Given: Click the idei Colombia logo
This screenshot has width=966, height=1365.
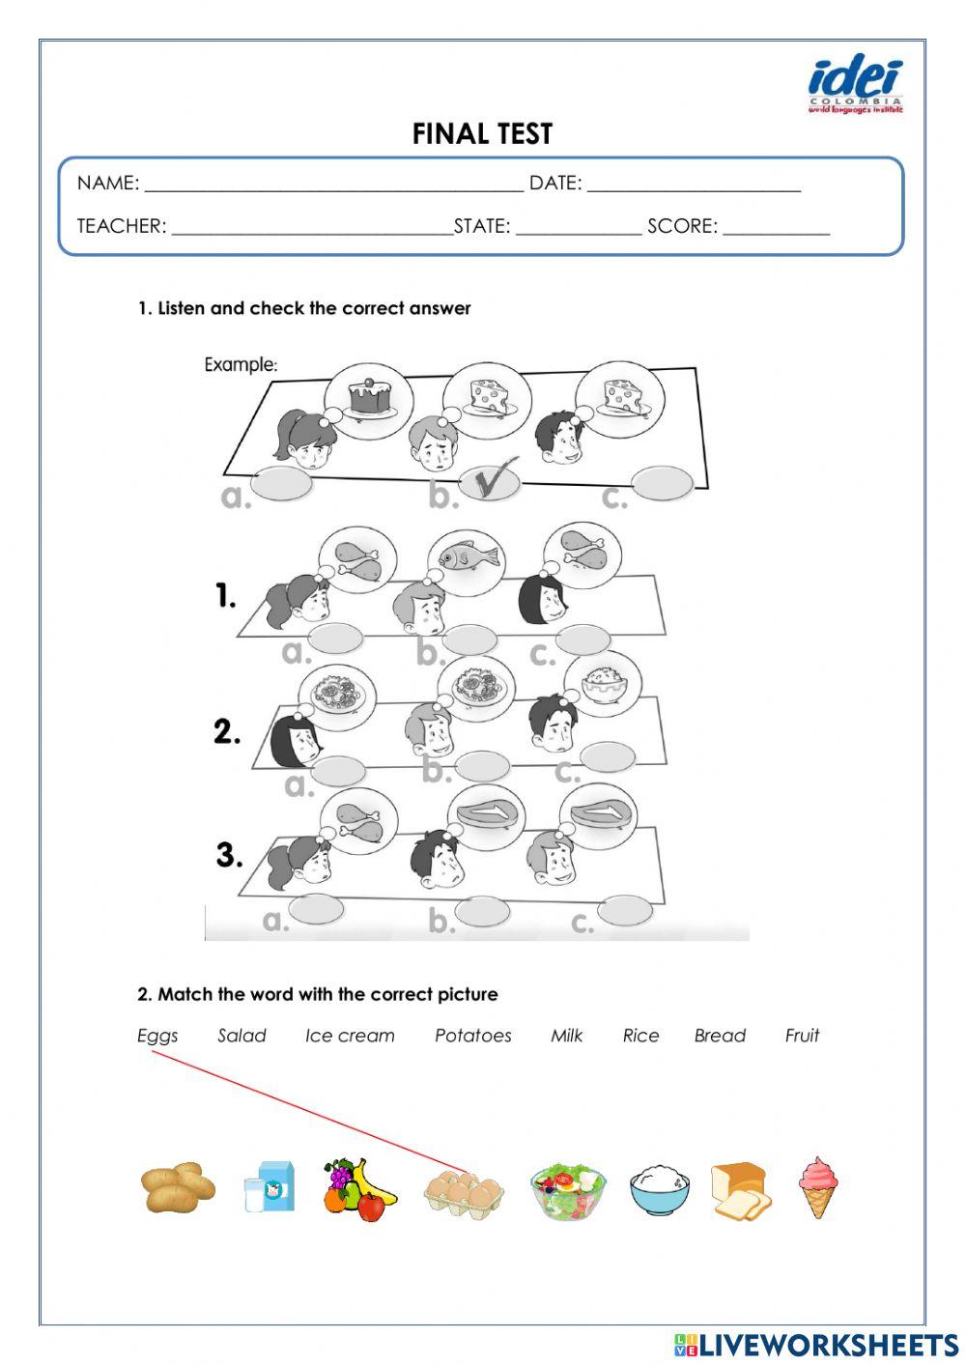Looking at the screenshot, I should click(855, 85).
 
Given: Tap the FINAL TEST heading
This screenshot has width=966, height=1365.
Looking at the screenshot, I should click(482, 134).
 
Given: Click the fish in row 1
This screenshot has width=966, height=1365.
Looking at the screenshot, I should click(469, 557).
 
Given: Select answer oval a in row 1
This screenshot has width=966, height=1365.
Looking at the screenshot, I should click(334, 638).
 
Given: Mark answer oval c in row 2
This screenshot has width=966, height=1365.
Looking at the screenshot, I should click(608, 755).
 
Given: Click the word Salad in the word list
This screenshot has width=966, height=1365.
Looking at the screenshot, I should click(241, 1036).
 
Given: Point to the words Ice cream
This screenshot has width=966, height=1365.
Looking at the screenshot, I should click(350, 1036).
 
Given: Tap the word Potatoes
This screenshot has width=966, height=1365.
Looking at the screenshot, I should click(472, 1036).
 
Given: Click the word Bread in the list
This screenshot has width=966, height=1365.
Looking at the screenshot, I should click(720, 1036).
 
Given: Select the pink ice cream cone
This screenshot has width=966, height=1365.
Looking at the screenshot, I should click(818, 1185).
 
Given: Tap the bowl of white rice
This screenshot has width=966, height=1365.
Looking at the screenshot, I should click(660, 1189).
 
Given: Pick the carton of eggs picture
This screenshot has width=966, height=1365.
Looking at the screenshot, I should click(464, 1190).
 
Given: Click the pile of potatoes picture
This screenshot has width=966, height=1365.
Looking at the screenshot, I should click(178, 1187).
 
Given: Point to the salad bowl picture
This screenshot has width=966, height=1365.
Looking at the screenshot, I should click(569, 1190).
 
